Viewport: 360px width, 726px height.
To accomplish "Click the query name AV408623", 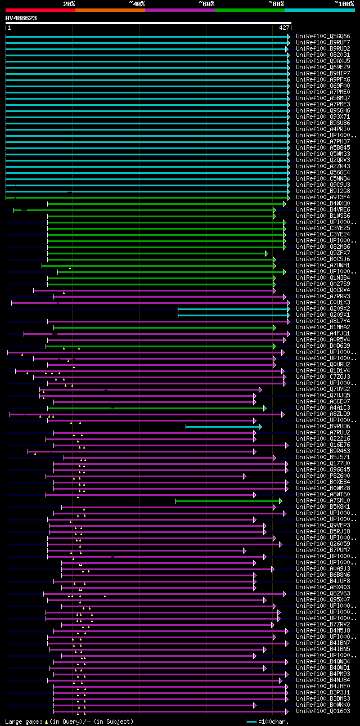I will coord(21,18).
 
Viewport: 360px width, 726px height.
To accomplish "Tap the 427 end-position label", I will coord(284,27).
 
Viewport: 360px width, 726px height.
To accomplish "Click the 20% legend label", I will coord(69,3).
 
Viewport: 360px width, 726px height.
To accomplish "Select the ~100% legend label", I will coord(343,3).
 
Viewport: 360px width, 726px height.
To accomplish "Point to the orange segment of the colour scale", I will coord(110,10).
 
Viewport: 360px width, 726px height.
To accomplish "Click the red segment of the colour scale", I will coord(40,10).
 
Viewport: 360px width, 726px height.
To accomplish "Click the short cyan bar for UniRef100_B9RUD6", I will coord(222,427).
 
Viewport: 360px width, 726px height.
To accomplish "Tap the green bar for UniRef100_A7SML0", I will coord(228,501).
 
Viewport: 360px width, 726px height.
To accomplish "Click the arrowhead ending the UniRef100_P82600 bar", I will coord(245,476).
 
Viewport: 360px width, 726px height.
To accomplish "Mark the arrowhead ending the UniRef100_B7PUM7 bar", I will coord(245,550).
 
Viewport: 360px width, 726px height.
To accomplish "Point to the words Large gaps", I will coord(22,721).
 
